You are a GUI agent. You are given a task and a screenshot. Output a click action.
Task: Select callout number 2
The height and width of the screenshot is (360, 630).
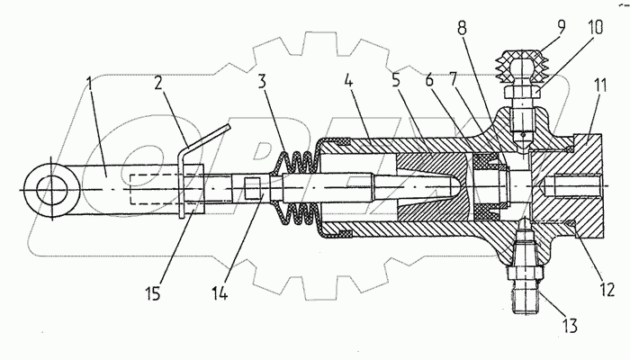click(x=158, y=83)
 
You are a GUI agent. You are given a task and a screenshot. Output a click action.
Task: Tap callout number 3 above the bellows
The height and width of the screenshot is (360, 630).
click(x=262, y=81)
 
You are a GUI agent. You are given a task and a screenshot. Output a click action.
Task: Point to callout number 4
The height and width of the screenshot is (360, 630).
click(x=348, y=81)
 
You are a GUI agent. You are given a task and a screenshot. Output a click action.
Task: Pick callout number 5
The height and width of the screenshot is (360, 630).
click(x=396, y=80)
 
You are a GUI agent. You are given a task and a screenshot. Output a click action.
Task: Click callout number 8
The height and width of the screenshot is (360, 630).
click(x=462, y=28)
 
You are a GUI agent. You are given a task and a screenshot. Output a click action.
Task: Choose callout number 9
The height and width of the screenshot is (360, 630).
click(x=562, y=26)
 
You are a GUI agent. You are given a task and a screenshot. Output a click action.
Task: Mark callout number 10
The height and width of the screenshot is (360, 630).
click(x=596, y=28)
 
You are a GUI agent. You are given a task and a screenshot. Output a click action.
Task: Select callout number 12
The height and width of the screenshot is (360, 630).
click(x=607, y=289)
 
